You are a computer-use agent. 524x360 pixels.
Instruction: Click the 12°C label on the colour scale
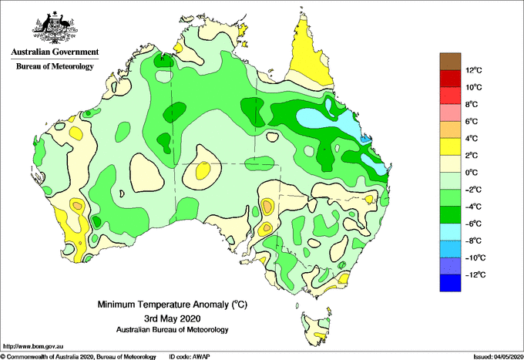point(474,70)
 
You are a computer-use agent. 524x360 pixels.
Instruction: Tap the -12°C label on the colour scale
point(475,274)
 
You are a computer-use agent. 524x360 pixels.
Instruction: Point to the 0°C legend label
point(472,173)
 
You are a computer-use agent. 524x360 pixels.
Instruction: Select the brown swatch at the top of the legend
point(450,61)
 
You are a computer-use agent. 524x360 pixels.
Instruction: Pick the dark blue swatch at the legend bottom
point(450,283)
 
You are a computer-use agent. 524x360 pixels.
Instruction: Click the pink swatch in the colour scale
point(450,113)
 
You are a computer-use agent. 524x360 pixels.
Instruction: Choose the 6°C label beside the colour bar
point(472,121)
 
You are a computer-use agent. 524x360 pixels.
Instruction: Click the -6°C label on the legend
point(473,224)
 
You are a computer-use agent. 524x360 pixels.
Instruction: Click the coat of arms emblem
point(55,28)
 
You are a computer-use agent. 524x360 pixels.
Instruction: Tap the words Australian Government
point(55,52)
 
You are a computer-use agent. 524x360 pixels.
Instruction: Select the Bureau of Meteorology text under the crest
point(55,66)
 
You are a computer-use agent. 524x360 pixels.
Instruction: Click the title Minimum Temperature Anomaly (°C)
point(172,304)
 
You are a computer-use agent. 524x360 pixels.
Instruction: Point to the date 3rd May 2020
point(172,318)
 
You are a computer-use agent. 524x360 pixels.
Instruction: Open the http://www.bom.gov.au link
point(33,346)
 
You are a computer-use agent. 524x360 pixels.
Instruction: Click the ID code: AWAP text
point(190,357)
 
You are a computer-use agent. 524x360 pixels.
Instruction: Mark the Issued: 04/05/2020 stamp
point(498,357)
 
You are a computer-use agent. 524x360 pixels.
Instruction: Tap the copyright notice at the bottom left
point(79,357)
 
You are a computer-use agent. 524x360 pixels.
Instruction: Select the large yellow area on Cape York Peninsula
point(309,56)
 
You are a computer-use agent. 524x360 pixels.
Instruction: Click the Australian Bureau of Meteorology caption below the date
point(172,330)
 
